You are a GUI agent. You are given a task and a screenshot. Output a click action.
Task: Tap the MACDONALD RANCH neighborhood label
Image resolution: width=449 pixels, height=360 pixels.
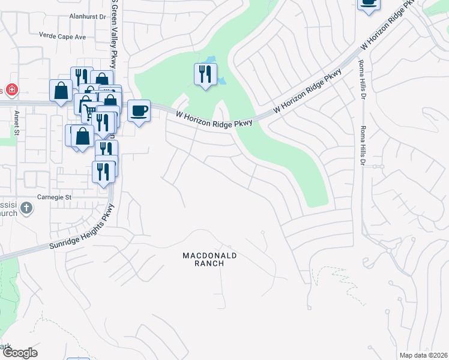click(x=210, y=259)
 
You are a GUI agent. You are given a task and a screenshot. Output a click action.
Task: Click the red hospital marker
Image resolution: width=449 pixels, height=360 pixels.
click(x=11, y=90)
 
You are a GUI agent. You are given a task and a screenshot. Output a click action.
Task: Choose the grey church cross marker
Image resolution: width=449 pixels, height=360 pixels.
click(x=26, y=208)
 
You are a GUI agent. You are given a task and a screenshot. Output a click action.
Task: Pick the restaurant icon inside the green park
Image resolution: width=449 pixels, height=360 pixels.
click(x=205, y=74)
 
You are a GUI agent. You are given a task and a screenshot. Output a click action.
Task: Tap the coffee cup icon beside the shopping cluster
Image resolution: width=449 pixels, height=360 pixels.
click(x=139, y=110)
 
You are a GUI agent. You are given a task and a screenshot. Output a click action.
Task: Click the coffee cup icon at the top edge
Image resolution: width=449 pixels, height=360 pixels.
click(x=369, y=4)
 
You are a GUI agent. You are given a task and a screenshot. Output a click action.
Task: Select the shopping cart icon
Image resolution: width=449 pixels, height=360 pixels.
click(x=88, y=109)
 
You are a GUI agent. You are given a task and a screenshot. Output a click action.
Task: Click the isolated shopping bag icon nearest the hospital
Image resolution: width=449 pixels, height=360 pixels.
click(x=61, y=91)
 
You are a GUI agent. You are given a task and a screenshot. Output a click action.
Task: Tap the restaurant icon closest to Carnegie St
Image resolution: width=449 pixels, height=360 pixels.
click(x=103, y=172)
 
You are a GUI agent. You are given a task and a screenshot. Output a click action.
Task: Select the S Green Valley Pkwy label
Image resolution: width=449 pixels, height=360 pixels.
click(x=113, y=36)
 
